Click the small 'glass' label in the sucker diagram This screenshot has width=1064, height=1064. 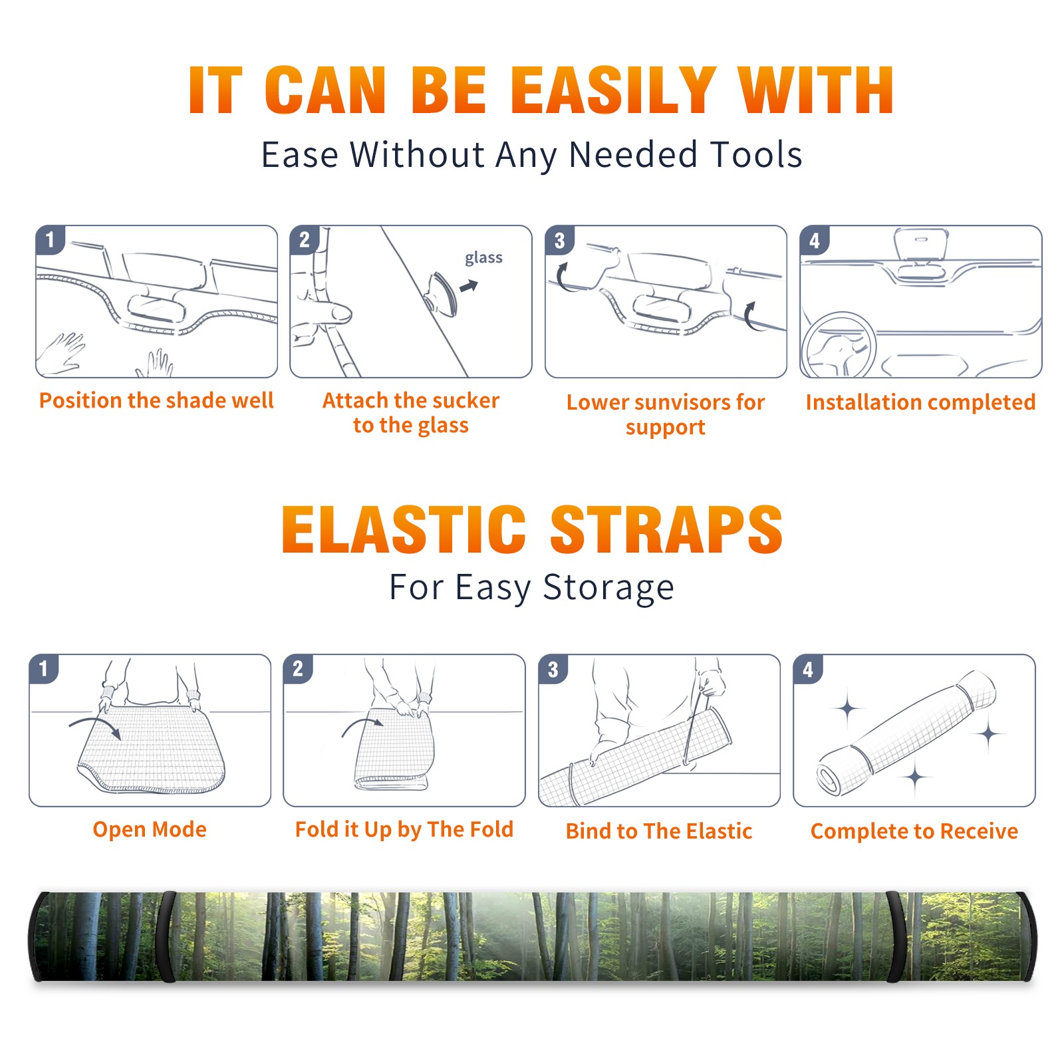tap(483, 258)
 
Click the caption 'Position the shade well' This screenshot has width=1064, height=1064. tap(156, 400)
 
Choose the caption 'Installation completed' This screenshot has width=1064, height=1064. tap(920, 402)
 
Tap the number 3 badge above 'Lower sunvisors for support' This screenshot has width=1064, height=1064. tap(559, 240)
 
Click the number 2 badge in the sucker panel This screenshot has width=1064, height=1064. tap(305, 239)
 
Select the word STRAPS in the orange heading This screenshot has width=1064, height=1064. tap(666, 529)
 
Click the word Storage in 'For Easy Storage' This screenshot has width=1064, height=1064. tap(608, 588)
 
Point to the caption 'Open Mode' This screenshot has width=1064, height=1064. tap(150, 829)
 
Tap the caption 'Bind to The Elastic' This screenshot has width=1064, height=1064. tap(659, 831)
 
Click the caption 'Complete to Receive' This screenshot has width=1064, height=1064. tap(914, 831)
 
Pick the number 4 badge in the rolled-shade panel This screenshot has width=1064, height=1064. tap(808, 669)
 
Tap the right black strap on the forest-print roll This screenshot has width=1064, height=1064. tap(897, 936)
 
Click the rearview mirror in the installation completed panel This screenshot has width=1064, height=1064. tap(921, 245)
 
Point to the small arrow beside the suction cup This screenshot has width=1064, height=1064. tap(469, 286)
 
